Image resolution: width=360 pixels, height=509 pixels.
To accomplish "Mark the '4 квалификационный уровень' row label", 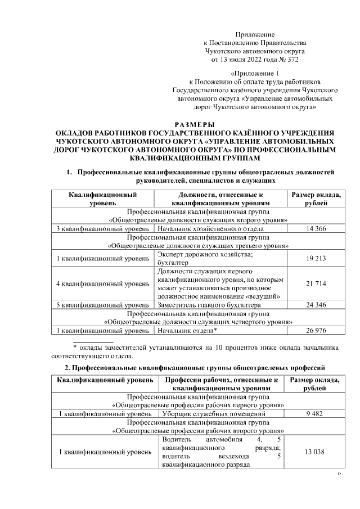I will (x=103, y=283).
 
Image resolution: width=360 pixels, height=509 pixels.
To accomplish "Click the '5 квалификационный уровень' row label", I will (x=103, y=305).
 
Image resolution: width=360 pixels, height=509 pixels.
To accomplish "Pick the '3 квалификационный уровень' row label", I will (x=103, y=229).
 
